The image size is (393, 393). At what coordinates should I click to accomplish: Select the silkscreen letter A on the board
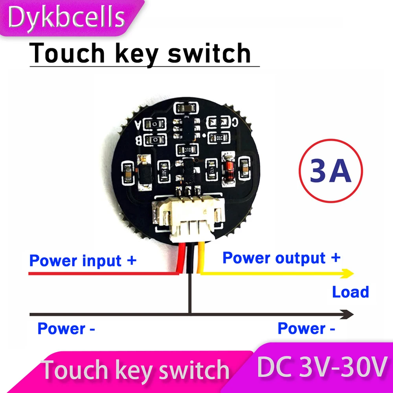pos(138,125)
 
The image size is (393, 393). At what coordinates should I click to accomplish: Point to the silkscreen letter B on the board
pos(138,140)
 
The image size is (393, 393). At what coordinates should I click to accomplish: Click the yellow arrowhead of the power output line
pos(347,273)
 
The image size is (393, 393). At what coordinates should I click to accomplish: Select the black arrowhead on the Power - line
pos(347,314)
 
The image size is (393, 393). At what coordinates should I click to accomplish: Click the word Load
pos(350,292)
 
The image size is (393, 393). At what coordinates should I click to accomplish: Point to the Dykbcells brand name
pos(67,18)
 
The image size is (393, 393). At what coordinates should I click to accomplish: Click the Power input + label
pos(83,261)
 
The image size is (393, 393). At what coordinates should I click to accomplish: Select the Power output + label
pos(281,258)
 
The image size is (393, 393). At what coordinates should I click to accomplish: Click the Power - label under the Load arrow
pos(306,329)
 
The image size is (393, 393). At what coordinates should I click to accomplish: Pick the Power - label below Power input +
pos(66,329)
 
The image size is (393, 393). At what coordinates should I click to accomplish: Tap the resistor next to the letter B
pos(155,140)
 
